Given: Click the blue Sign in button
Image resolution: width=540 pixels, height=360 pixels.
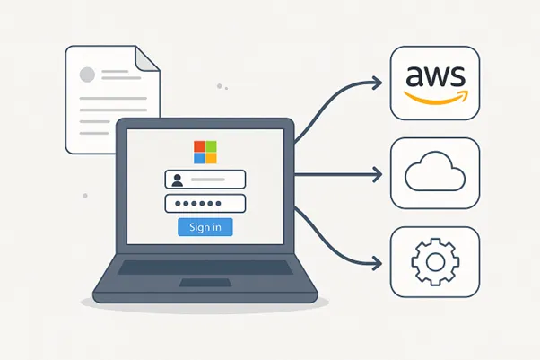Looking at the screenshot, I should [205, 226].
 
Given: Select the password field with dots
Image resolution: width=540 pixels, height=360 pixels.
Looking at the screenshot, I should [205, 203].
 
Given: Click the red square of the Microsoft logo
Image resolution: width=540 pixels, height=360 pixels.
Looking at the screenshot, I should [199, 145].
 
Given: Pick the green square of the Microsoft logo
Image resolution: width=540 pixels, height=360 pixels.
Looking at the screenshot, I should [211, 145].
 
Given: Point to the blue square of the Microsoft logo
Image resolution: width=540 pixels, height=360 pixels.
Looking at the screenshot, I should [199, 157].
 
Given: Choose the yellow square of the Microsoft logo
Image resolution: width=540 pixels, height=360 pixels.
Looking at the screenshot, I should [211, 157].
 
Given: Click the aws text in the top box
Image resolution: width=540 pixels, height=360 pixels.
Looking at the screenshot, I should [434, 75].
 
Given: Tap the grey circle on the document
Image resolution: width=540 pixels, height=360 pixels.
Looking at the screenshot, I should [88, 74].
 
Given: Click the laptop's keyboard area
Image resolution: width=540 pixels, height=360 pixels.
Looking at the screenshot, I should [205, 268].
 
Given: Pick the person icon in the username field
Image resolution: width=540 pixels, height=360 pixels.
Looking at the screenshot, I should [177, 179].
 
